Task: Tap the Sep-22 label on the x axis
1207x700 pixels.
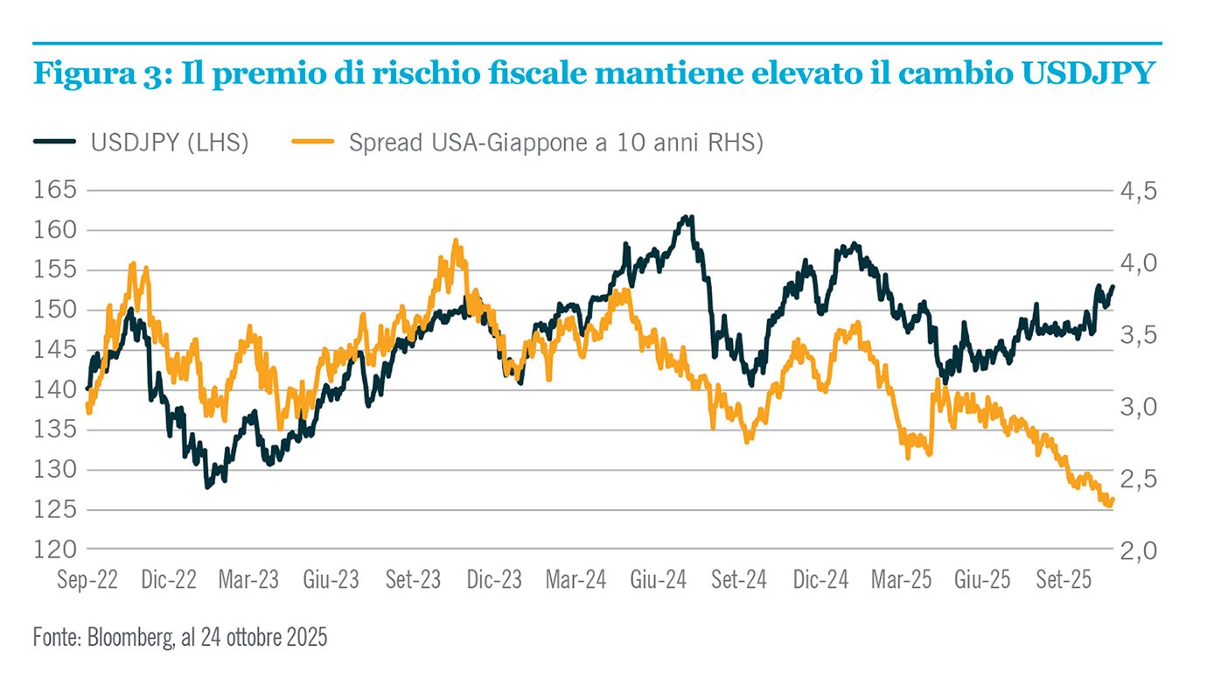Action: (x=87, y=580)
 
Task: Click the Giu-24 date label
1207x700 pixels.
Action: (x=659, y=580)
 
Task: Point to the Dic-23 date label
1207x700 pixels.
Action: (x=494, y=580)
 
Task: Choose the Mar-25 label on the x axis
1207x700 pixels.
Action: (x=900, y=580)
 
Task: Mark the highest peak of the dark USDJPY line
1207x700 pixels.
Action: (x=691, y=217)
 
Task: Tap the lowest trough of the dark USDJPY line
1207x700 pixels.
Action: (x=207, y=486)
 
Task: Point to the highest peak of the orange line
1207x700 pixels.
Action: (x=455, y=240)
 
